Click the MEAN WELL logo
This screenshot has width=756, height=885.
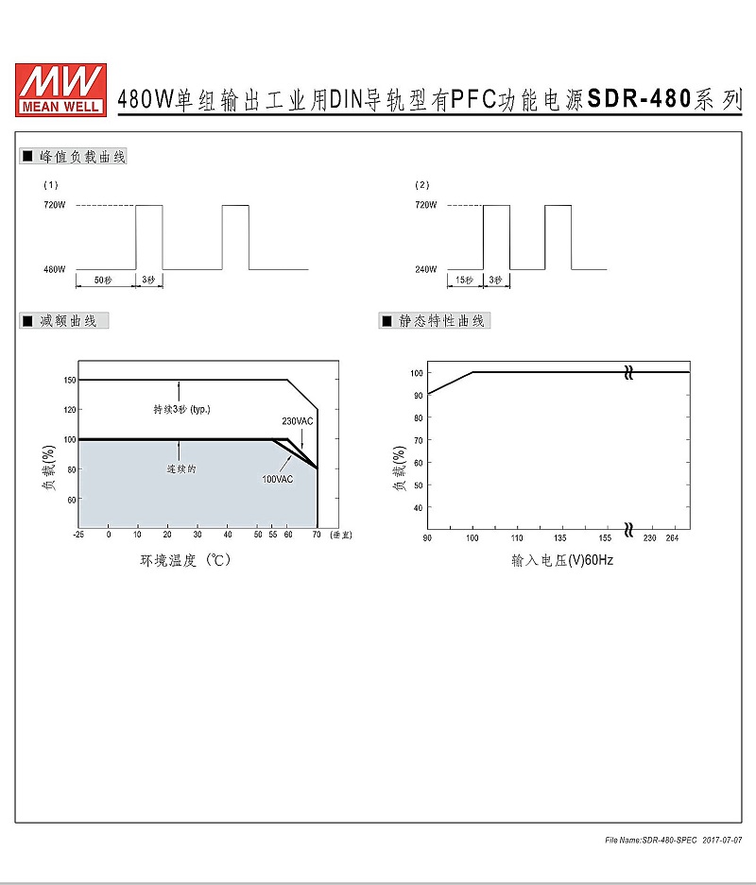[x=61, y=91]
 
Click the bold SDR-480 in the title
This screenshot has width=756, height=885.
[x=639, y=99]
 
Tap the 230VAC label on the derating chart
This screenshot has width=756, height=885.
[x=297, y=421]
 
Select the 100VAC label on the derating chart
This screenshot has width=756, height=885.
[x=277, y=479]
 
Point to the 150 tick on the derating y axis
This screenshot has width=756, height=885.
[x=69, y=380]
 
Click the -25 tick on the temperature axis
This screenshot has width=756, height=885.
[x=78, y=534]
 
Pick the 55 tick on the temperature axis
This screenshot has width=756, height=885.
[x=273, y=534]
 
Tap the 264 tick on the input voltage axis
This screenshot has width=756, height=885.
[x=672, y=537]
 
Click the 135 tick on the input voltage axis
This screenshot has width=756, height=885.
[x=559, y=537]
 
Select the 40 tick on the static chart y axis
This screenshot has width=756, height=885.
[x=418, y=507]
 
